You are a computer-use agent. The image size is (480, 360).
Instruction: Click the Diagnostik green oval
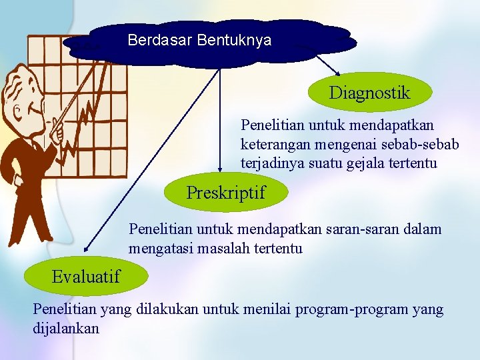tap(369, 93)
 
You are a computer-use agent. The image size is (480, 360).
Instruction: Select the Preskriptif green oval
tap(225, 193)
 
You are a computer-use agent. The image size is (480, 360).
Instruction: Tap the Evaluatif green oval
tap(85, 276)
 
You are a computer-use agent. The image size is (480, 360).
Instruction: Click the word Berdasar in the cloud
tap(160, 40)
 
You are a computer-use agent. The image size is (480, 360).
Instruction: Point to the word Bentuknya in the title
tap(234, 40)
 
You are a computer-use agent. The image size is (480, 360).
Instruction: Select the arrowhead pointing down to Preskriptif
tap(220, 169)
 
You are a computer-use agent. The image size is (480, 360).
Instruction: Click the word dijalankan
tap(66, 329)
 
